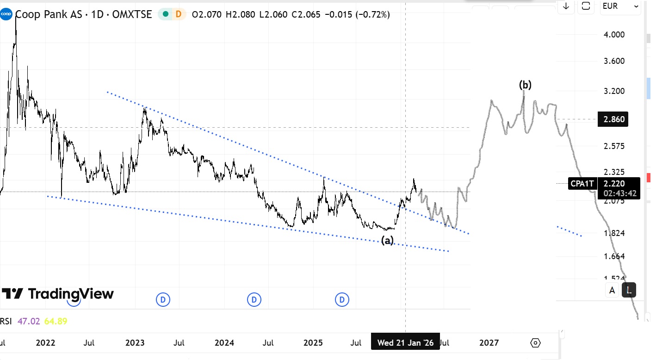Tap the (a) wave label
tap(387, 240)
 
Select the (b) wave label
tap(525, 85)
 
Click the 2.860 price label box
tap(614, 119)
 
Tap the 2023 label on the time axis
tap(135, 343)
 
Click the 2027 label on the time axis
tap(489, 343)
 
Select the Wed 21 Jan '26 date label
tap(405, 343)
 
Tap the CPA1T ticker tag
tap(582, 184)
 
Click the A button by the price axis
tap(612, 290)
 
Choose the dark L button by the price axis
tap(629, 290)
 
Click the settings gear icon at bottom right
tap(535, 343)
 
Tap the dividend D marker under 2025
tap(342, 300)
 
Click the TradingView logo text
tap(58, 294)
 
